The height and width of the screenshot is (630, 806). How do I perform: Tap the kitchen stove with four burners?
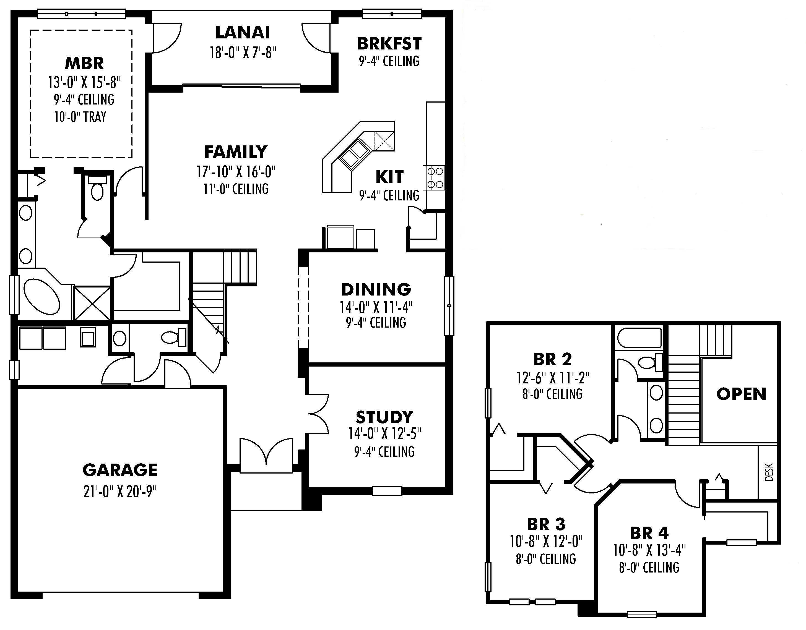tap(435, 178)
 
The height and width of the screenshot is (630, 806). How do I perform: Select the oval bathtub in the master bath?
tap(41, 297)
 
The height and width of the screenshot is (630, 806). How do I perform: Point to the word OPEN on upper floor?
tap(741, 394)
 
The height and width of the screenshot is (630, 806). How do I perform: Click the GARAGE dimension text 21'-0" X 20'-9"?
tap(120, 491)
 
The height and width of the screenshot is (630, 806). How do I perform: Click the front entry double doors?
tap(266, 455)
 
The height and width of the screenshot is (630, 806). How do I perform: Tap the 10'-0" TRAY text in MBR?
tap(80, 117)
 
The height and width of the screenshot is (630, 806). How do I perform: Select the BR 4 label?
tap(649, 533)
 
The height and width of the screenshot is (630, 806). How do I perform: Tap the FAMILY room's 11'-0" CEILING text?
tap(236, 189)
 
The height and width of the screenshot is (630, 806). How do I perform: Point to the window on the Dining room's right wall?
tap(449, 305)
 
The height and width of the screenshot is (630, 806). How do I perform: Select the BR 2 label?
tap(552, 359)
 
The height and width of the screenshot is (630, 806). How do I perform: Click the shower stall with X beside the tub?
tap(92, 303)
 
